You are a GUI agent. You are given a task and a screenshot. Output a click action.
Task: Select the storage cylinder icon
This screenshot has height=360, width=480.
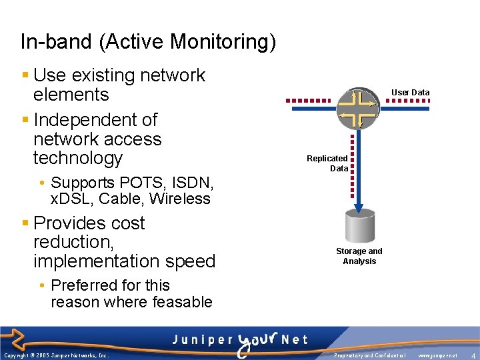(x=359, y=227)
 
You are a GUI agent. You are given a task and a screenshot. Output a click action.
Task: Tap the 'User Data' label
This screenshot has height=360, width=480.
(x=410, y=93)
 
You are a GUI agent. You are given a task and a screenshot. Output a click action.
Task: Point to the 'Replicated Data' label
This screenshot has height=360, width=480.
(x=327, y=163)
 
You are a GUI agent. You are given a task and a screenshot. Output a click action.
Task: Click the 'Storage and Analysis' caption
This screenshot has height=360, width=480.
(x=359, y=256)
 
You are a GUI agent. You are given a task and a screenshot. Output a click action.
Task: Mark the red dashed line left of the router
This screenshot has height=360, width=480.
(x=308, y=101)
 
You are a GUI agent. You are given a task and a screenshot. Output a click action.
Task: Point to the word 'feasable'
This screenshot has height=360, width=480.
(x=181, y=302)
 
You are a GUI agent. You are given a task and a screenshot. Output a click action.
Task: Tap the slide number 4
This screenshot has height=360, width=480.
(x=472, y=355)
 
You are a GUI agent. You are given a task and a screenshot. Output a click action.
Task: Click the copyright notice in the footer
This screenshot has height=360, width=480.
(x=56, y=356)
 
